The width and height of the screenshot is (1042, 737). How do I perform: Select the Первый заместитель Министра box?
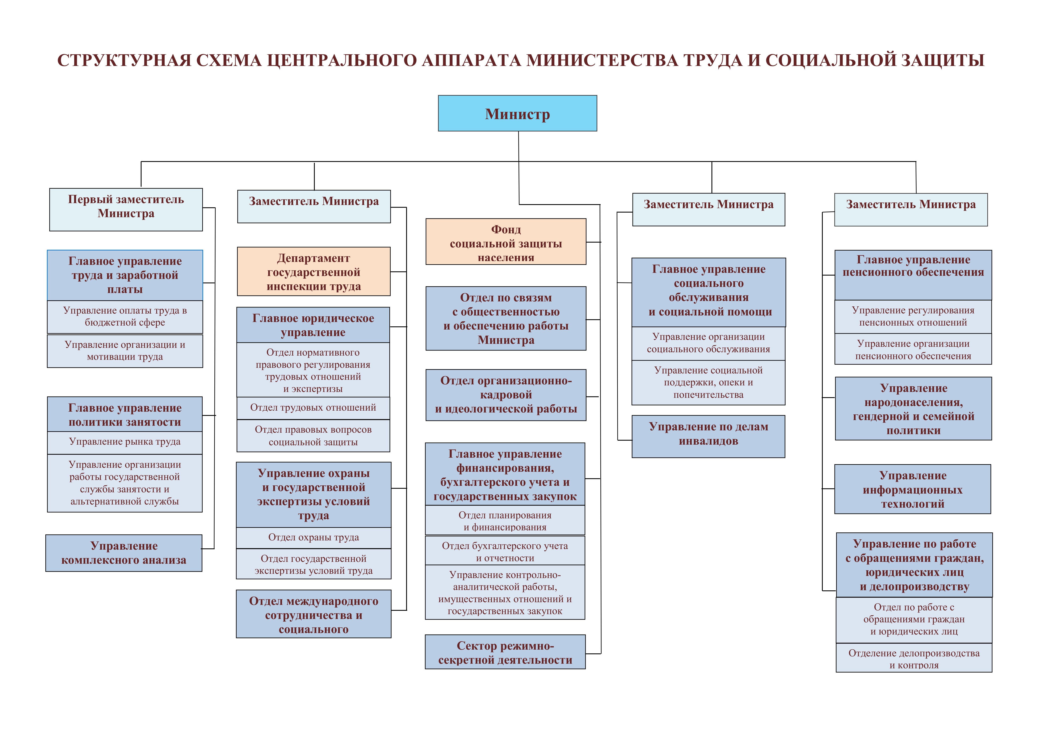[126, 209]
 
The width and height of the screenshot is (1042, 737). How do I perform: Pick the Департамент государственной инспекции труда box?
[314, 271]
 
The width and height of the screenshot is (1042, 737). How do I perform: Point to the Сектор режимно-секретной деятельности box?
[505, 652]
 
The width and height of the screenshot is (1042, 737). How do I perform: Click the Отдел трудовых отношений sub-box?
[313, 407]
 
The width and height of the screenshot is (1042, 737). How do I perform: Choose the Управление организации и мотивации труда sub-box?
[125, 351]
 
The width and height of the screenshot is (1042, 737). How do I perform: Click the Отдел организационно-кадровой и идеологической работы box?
[506, 395]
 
